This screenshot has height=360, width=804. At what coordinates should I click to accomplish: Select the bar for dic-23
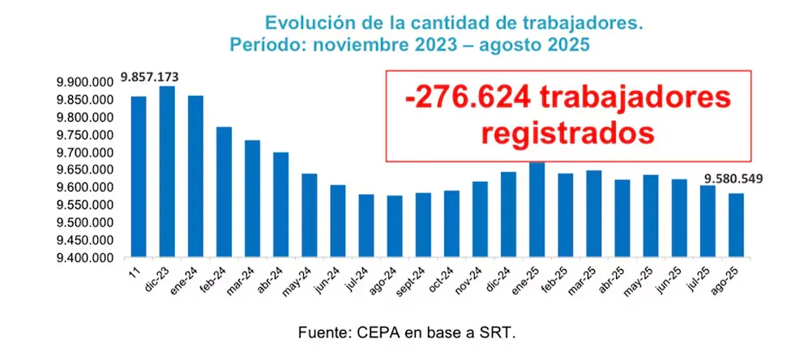167,172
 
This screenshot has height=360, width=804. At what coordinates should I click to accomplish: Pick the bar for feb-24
224,192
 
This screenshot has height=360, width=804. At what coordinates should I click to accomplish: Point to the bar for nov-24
479,220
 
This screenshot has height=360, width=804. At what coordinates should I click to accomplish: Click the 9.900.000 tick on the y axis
83,83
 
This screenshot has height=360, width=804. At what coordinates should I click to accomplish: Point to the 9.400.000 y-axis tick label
83,259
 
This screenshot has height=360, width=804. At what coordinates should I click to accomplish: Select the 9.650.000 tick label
83,170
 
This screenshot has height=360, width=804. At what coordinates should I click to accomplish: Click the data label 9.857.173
150,77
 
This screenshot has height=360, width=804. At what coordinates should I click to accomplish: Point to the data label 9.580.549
733,179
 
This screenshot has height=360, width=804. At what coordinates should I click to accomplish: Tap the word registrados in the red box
571,131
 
